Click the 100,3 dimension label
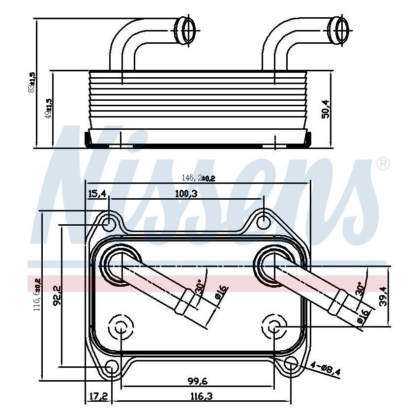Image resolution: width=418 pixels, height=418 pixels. click(186, 194)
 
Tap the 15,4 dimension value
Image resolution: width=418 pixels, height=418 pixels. click(97, 194)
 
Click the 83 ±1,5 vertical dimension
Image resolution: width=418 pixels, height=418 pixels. click(32, 82)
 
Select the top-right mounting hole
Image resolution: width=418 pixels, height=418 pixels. click(264, 220)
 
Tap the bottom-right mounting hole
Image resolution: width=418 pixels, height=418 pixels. click(291, 364)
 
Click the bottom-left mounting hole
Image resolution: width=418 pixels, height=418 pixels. click(113, 367)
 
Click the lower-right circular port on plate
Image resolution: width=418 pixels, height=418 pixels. click(274, 326)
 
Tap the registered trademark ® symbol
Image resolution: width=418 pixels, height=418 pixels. click(383, 164)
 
